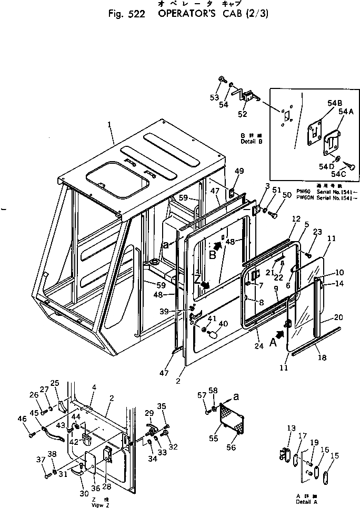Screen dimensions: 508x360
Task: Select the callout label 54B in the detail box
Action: point(319,103)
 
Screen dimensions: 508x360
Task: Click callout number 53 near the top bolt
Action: point(214,97)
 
